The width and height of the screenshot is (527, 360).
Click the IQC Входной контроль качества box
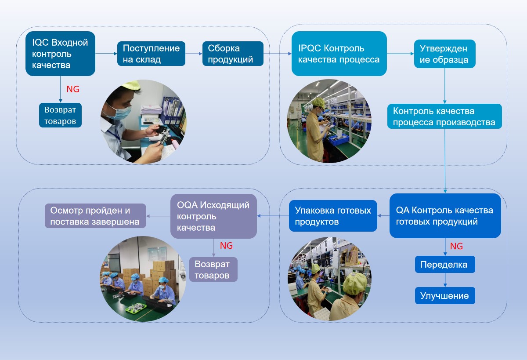coord(60,54)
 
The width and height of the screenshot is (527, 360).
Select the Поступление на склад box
coord(151,54)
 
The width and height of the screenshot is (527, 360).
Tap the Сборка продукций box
coord(233,54)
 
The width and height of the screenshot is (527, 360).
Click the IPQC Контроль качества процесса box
coord(339,54)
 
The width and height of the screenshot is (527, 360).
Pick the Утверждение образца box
coord(444,54)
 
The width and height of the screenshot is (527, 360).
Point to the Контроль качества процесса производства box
coord(444,116)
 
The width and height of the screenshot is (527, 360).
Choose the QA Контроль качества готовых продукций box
coord(445,216)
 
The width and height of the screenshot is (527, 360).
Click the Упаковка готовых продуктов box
coord(333,216)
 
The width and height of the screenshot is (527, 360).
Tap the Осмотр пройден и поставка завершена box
coord(95,216)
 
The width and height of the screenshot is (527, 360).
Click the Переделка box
coord(445,265)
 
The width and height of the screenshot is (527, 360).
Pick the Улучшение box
coord(445,296)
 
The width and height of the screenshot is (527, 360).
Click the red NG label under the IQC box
coord(73,89)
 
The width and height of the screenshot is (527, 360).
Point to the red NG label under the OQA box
coord(227,246)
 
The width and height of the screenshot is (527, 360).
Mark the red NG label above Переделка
coord(457,246)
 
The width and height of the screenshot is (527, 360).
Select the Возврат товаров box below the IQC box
coord(60,115)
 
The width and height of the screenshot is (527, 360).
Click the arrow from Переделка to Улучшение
coord(445,280)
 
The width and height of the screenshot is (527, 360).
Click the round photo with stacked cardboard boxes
coord(143,279)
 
